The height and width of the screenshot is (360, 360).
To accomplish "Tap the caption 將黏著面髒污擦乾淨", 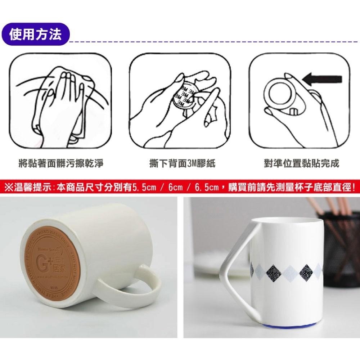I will tap(61, 164).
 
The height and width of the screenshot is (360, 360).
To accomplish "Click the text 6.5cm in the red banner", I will tap(207, 187).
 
